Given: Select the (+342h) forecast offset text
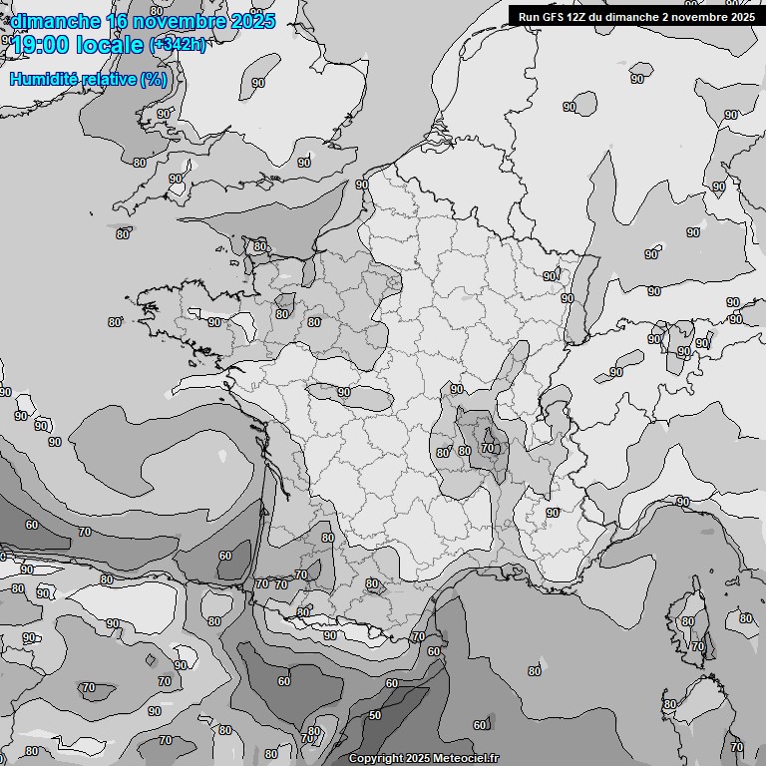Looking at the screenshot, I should coord(178,45).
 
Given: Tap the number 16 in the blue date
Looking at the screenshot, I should coord(116,21).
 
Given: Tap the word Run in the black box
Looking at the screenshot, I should coord(530,16).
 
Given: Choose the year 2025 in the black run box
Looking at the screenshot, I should coord(738,16).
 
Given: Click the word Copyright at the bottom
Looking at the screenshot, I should coord(377,758).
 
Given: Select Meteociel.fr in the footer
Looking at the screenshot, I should coord(467,758).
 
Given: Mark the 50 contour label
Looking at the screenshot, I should coord(375,715).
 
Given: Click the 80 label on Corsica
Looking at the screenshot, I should coord(687,621).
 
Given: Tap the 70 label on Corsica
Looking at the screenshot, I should coord(698,646).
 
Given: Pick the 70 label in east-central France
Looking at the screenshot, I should coord(487,449).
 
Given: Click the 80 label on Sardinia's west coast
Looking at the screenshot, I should coord(670,704).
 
